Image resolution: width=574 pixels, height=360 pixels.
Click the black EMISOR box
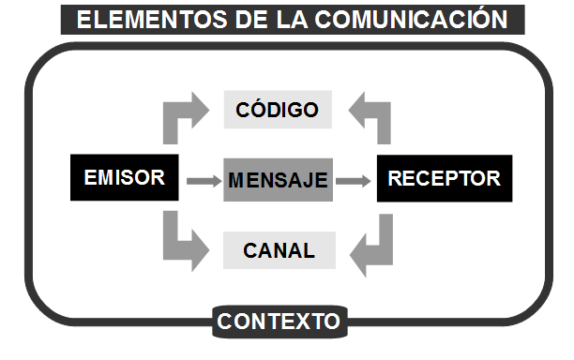(x=124, y=178)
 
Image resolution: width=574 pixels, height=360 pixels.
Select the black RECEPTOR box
(x=444, y=178)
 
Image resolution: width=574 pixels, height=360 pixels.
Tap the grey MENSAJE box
(x=279, y=180)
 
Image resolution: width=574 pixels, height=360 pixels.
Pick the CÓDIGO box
(x=279, y=110)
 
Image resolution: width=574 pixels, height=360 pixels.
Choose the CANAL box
(x=279, y=250)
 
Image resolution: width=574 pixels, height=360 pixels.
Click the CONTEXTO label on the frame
(x=279, y=322)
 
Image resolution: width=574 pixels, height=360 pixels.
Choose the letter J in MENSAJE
(x=304, y=180)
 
